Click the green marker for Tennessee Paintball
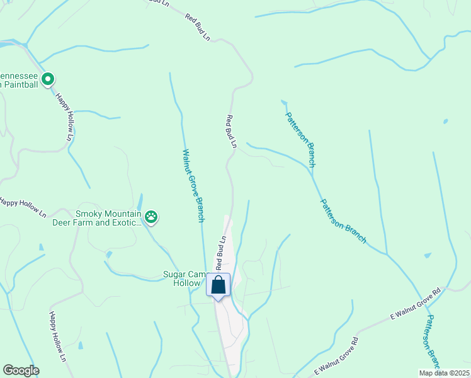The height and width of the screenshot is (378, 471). coord(48,79)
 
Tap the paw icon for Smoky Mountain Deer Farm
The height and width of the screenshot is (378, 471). coord(151,217)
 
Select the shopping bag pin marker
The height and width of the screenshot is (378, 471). coord(218,285)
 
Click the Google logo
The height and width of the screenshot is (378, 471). coord(21,370)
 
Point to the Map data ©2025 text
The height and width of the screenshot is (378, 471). coord(444,373)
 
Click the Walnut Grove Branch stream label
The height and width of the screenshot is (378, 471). coord(193,185)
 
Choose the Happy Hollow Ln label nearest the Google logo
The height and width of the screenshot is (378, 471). coord(58,344)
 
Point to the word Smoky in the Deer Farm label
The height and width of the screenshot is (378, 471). coord(88,214)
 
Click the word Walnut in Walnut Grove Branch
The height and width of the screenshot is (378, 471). coord(187,162)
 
